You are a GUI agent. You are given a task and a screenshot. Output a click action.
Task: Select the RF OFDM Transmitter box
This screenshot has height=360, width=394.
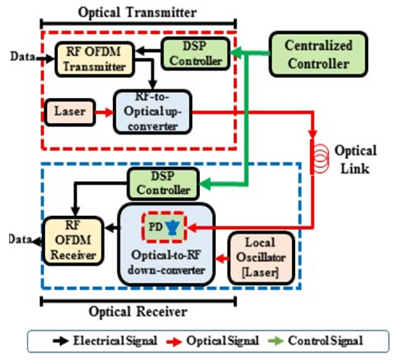pos(93,59)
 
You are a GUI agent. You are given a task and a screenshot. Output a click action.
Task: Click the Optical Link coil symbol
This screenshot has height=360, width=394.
pos(313,156)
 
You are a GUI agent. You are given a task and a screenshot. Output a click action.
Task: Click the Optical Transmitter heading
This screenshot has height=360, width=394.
pos(138,12)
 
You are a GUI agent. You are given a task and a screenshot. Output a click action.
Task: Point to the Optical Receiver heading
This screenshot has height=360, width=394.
pos(138,311)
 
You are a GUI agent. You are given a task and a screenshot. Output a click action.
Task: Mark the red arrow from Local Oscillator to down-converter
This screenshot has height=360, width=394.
pos(221,258)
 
